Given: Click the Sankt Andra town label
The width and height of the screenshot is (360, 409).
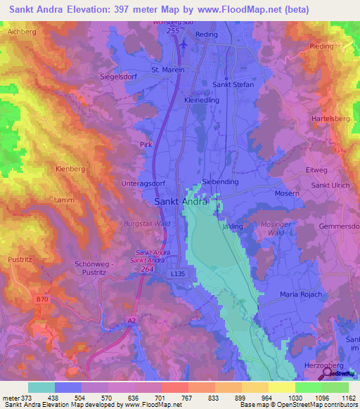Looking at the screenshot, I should [x=180, y=202].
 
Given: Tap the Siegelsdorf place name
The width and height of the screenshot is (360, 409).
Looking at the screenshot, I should [x=122, y=76].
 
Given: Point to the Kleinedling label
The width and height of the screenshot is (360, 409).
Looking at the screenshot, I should [x=202, y=100].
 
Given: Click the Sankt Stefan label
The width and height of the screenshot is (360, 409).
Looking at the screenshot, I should [x=233, y=84].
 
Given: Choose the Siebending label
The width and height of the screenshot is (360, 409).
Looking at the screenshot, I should [x=220, y=181].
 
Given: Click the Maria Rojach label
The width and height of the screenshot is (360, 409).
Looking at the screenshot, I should [x=300, y=294].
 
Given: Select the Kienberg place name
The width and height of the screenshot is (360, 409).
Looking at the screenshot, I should [x=70, y=169].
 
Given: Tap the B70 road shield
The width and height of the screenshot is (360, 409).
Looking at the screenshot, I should [x=43, y=299].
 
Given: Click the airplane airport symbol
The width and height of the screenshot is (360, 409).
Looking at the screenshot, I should [x=184, y=44].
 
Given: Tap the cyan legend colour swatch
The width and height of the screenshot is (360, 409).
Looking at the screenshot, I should [x=41, y=387].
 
